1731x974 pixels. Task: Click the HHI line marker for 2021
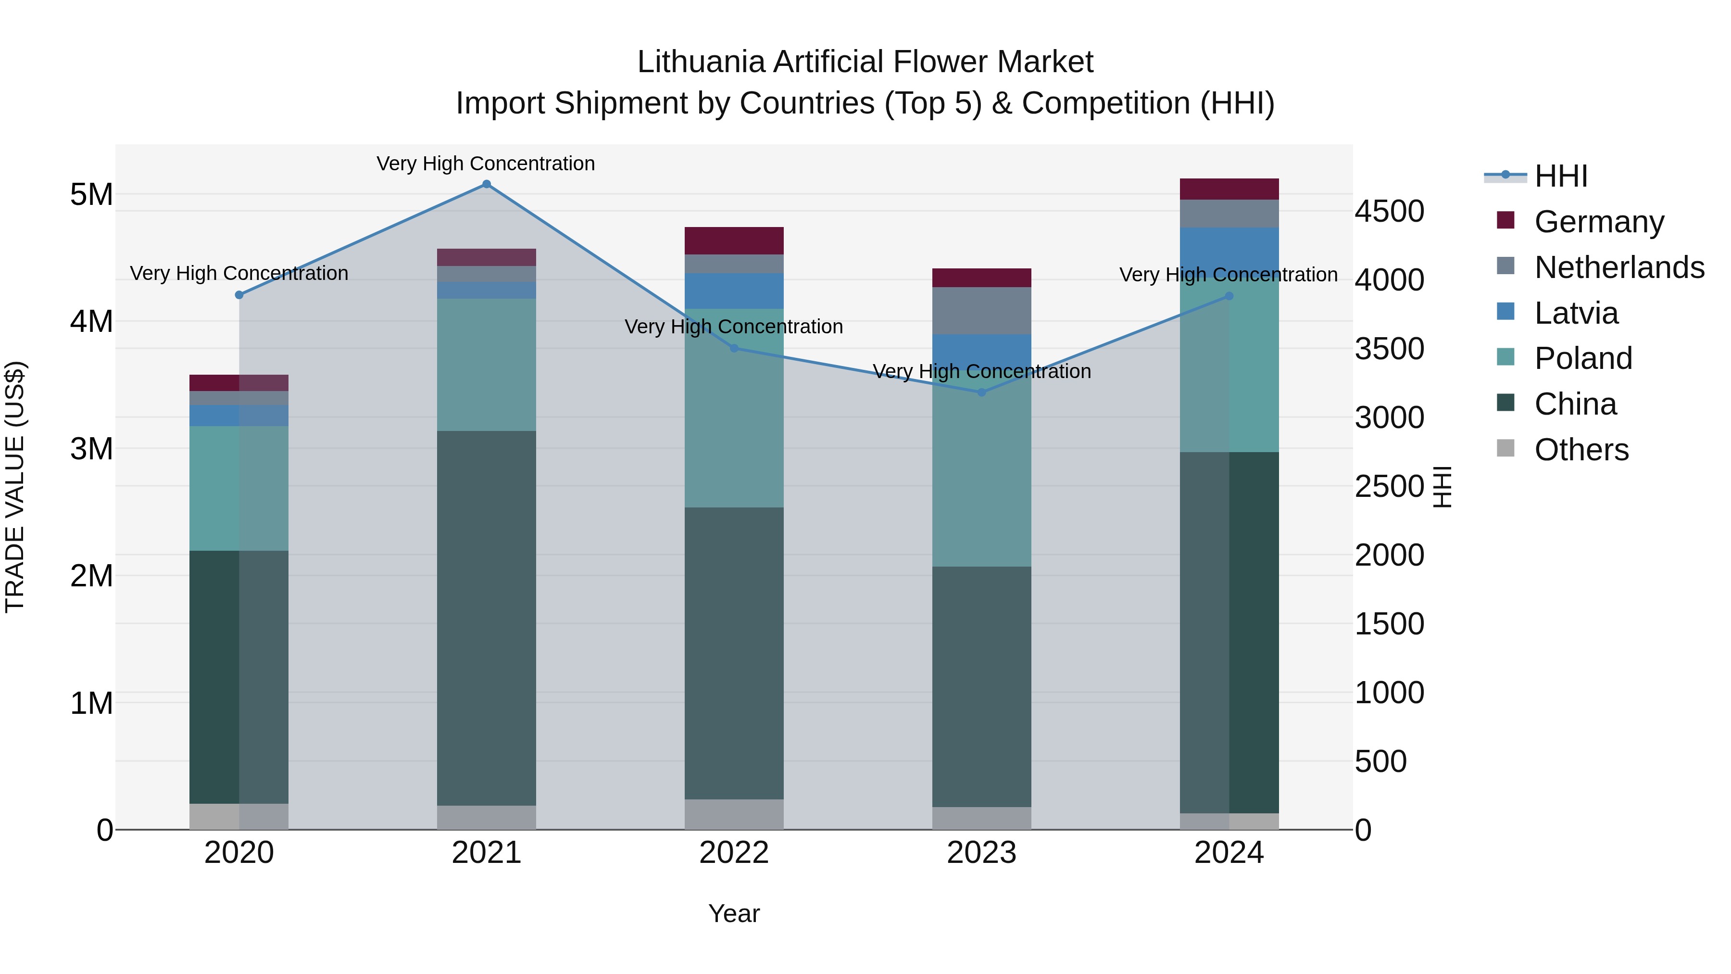(x=487, y=184)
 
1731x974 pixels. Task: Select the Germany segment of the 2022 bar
(x=734, y=240)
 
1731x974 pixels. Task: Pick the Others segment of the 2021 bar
(x=487, y=817)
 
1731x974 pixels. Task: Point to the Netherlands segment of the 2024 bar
(x=1229, y=213)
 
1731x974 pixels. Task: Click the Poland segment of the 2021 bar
(x=487, y=364)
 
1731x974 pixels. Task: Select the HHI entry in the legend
(x=1560, y=176)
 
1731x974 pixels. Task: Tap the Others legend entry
(x=1580, y=450)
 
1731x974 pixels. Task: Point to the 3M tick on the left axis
(x=91, y=448)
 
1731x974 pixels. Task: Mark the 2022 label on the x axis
(x=734, y=853)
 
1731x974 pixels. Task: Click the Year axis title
(x=734, y=913)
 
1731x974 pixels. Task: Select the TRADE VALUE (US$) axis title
(x=15, y=487)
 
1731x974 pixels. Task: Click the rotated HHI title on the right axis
(x=1442, y=487)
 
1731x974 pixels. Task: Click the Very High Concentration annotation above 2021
(x=485, y=164)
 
